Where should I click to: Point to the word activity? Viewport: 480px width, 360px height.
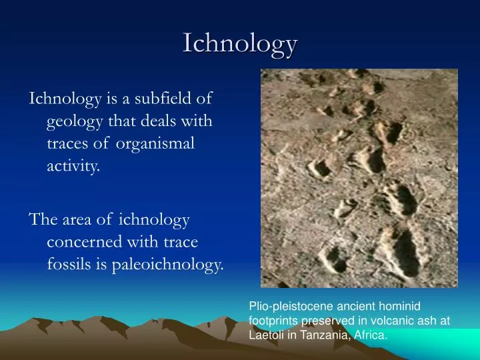pyautogui.click(x=73, y=166)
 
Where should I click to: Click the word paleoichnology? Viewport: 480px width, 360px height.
pyautogui.click(x=168, y=265)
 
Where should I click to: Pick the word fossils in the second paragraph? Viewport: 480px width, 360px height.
pyautogui.click(x=69, y=263)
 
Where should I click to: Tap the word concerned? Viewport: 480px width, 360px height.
pyautogui.click(x=85, y=242)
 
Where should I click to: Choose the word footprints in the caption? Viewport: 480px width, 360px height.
pyautogui.click(x=273, y=321)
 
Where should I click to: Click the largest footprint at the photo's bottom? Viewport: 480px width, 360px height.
pyautogui.click(x=403, y=253)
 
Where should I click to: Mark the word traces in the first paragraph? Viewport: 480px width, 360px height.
pyautogui.click(x=67, y=144)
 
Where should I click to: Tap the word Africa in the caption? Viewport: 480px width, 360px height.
pyautogui.click(x=371, y=335)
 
